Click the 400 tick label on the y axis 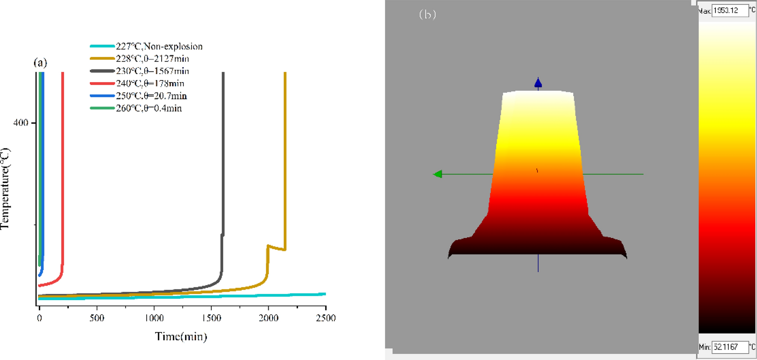(21, 123)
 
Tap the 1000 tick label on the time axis (154, 318)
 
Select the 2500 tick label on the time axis (326, 318)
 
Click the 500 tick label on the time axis (97, 318)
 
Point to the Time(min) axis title (181, 337)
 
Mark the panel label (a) (40, 63)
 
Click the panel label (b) (427, 15)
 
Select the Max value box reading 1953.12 (730, 10)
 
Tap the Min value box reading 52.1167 (730, 347)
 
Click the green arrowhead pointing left (438, 174)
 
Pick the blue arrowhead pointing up (538, 82)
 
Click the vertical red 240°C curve (63, 171)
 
